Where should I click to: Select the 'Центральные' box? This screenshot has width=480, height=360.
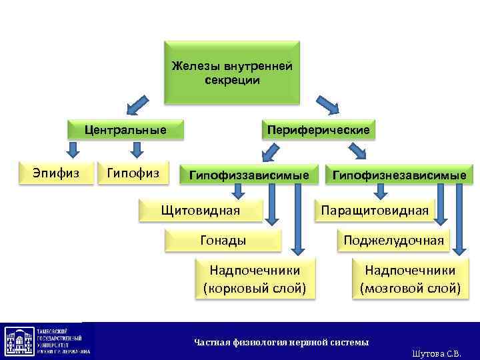125,129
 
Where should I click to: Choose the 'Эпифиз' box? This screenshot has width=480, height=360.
56,173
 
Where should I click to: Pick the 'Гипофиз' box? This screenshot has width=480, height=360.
133,173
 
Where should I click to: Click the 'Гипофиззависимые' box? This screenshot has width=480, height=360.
249,175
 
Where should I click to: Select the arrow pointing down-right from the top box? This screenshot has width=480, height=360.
326,104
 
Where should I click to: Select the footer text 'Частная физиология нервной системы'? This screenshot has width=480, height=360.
281,342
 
